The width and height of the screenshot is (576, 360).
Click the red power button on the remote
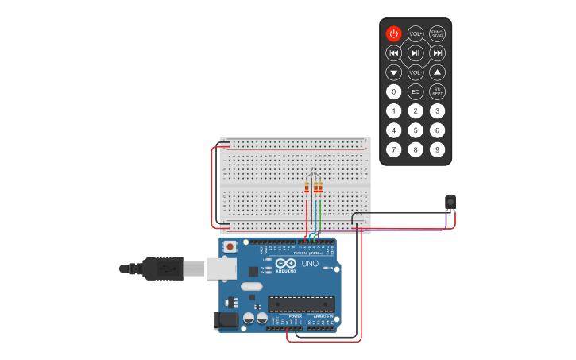click(393, 33)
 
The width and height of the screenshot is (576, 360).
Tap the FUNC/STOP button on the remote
click(437, 33)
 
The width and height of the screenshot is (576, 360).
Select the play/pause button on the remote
click(416, 52)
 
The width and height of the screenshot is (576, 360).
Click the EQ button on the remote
click(416, 91)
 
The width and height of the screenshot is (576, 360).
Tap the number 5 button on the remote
click(416, 130)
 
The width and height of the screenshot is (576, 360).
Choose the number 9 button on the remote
click(437, 149)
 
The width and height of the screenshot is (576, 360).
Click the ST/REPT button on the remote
click(437, 91)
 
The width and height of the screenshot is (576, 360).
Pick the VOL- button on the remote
click(416, 72)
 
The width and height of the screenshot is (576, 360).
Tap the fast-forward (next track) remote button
click(437, 52)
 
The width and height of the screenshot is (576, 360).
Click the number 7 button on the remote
click(393, 149)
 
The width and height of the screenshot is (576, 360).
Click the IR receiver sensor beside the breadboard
click(450, 203)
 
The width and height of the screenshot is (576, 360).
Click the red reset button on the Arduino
click(230, 246)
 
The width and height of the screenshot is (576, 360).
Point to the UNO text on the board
click(310, 263)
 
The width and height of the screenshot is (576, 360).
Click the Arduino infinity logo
click(286, 263)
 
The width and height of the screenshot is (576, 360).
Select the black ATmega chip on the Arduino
click(301, 304)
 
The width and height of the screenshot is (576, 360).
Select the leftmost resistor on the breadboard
click(307, 188)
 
